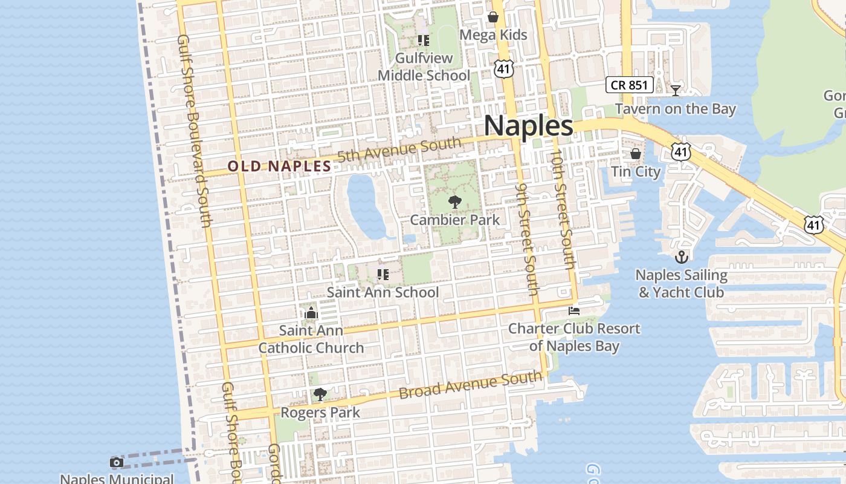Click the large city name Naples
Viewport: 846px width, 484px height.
point(528,126)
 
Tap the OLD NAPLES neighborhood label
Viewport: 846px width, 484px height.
point(279,166)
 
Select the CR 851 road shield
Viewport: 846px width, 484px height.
point(629,85)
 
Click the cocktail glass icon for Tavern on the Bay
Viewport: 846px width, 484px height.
point(676,91)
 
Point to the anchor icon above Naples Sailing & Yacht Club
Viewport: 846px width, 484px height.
point(682,257)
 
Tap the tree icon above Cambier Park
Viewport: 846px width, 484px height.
point(455,202)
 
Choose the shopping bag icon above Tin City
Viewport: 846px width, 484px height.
point(636,154)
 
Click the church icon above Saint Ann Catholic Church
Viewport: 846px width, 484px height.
point(311,313)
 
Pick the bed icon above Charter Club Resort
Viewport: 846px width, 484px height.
point(574,311)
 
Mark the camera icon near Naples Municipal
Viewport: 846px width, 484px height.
point(117,463)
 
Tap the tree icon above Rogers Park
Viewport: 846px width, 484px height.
point(320,395)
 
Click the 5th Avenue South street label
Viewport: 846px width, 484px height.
point(399,149)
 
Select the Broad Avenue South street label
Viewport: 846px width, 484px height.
point(470,385)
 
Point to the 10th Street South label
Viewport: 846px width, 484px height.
point(561,209)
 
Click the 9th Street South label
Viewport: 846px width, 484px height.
point(526,240)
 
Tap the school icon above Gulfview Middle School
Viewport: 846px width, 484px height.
point(424,41)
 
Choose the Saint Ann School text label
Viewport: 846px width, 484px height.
point(383,292)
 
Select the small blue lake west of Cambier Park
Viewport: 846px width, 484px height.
point(366,206)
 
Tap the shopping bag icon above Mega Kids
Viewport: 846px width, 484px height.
point(493,17)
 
